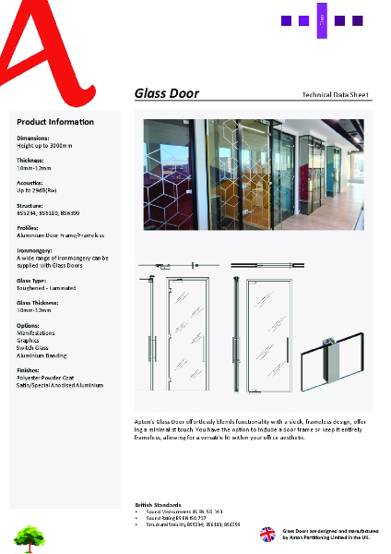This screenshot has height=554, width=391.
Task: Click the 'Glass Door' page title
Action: pos(167,93)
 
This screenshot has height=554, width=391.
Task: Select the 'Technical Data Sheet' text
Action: pos(336,95)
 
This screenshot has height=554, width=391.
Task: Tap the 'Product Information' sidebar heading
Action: pos(55,122)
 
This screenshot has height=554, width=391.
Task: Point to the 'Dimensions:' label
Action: pos(33,138)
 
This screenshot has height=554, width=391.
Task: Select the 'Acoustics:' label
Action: pos(31,183)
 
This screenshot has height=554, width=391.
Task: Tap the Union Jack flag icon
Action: pos(267,534)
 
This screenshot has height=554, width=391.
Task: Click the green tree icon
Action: pos(29,534)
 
